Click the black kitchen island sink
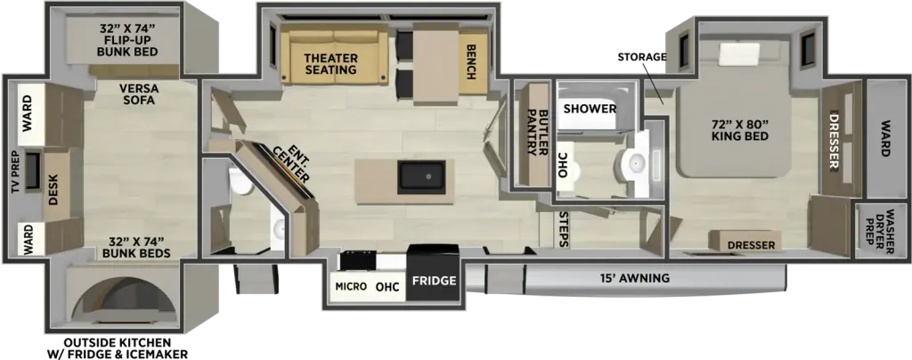click(421, 177)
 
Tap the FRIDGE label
click(434, 281)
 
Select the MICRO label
click(351, 286)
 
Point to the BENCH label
click(471, 62)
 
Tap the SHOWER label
click(590, 109)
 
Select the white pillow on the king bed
click(738, 54)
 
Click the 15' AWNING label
click(635, 279)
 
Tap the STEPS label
click(563, 229)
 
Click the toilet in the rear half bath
click(239, 182)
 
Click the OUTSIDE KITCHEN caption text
click(118, 341)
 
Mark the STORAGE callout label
click(641, 56)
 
